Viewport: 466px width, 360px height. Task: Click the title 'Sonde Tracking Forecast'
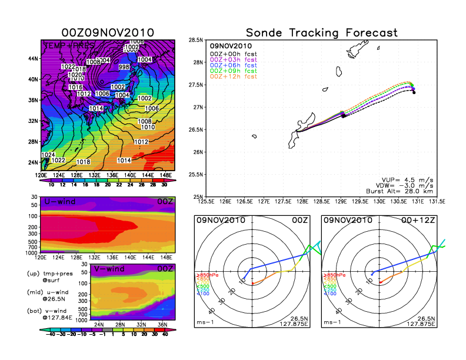coord(321,33)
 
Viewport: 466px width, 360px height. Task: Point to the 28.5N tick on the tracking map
coord(196,40)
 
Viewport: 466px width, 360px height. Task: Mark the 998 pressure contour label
coord(124,68)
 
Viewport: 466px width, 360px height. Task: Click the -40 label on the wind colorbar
coord(52,333)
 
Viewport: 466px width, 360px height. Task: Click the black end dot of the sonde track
coord(414,92)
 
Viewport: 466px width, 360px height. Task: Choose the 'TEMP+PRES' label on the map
coord(63,45)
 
